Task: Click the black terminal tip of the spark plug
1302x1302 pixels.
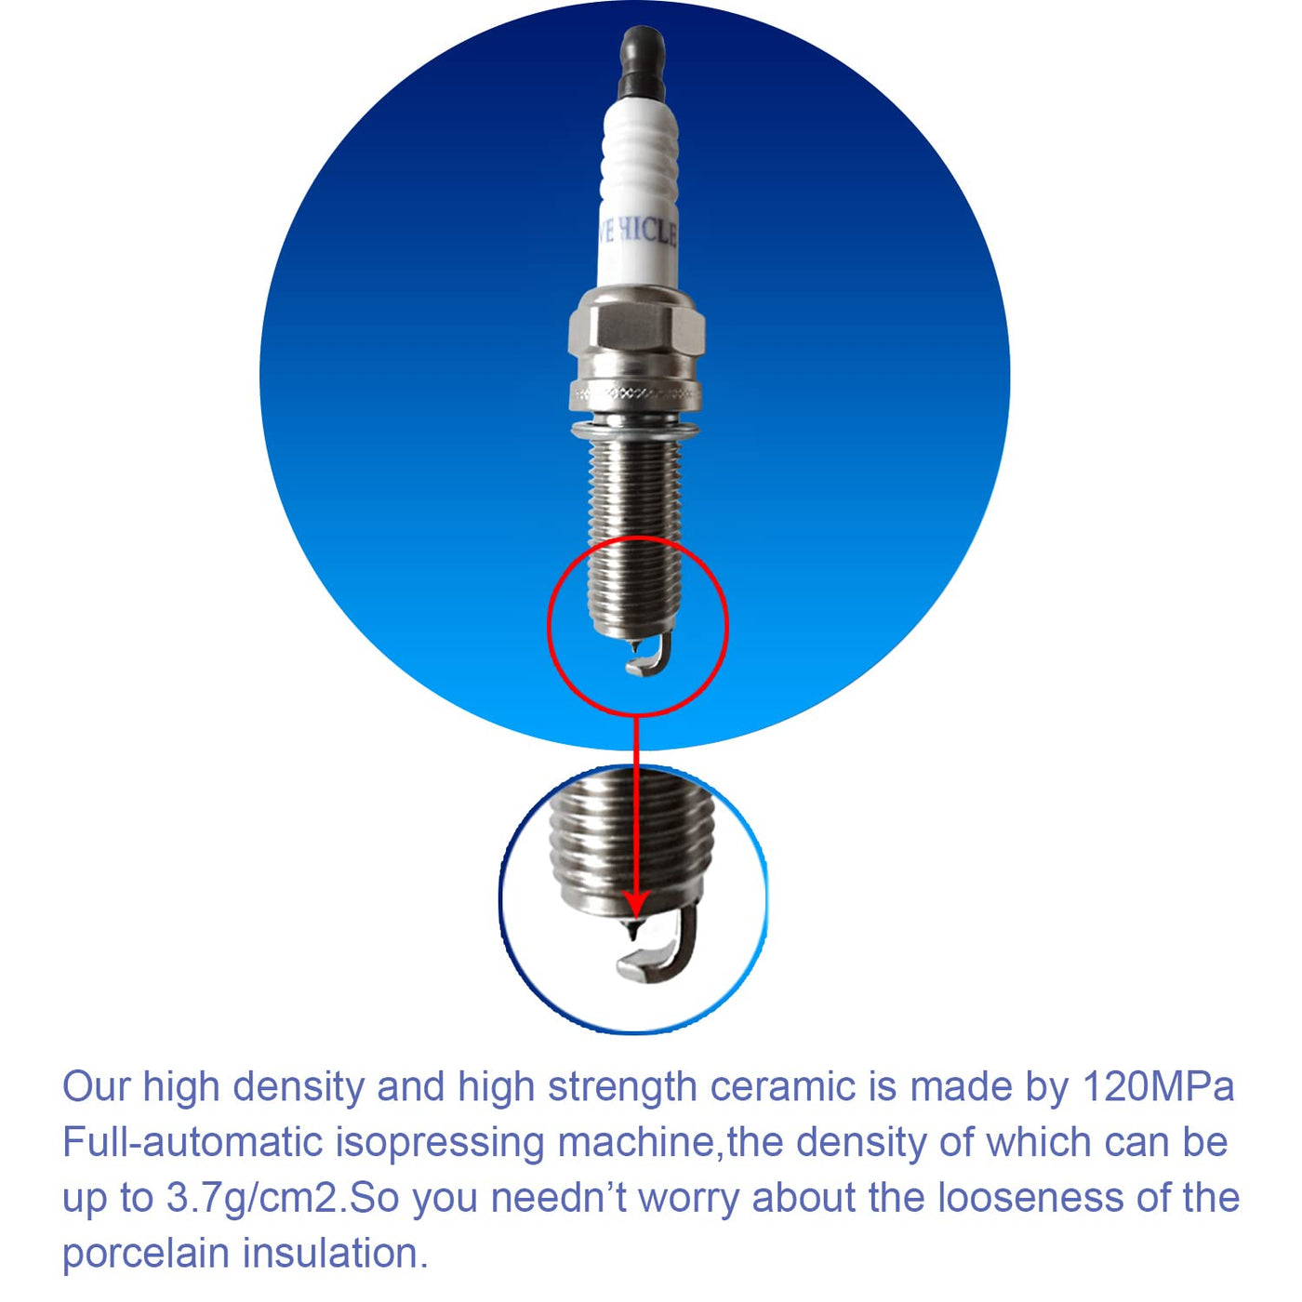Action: (642, 65)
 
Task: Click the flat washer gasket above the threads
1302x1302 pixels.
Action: (635, 430)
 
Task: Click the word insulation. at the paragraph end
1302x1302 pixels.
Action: (335, 1254)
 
